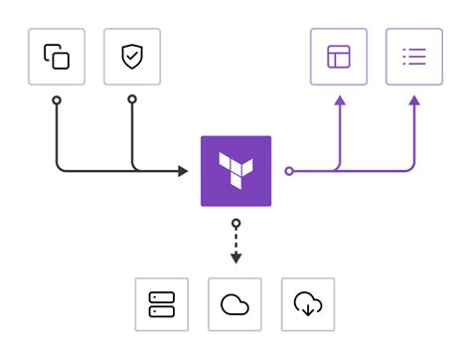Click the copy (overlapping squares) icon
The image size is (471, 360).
[57, 57]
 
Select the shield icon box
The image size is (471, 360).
[132, 57]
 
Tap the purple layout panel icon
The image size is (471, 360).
[339, 57]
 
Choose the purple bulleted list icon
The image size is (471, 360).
[413, 57]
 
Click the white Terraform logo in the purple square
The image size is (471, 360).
[235, 170]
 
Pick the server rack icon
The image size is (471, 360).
[161, 304]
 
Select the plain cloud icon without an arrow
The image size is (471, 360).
[235, 304]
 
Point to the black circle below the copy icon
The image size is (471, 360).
[57, 100]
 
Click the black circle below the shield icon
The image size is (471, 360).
[132, 100]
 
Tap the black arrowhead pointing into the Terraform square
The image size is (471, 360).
[183, 171]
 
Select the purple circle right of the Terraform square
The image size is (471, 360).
[289, 171]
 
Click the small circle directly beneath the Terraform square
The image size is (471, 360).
[235, 223]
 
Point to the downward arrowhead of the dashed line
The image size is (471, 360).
[235, 260]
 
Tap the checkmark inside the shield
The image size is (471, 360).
[132, 57]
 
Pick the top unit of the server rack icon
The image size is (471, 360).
[161, 298]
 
